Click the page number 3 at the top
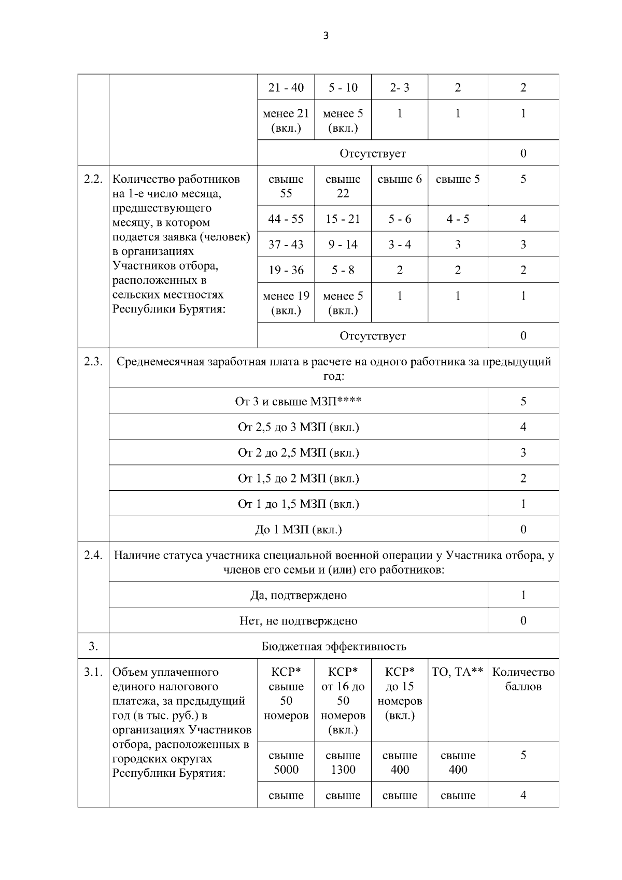pos(326,36)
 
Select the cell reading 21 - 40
pos(286,88)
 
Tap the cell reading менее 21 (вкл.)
pos(286,120)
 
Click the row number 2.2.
pos(93,179)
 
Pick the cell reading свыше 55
pos(286,186)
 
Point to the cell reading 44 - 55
pos(286,219)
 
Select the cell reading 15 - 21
pos(343,219)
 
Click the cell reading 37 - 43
pos(286,245)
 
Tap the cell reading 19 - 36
pos(286,270)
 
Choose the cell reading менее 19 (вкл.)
pos(286,303)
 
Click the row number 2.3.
pos(93,362)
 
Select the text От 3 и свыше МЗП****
pos(298,402)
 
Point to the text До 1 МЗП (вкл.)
pos(298,530)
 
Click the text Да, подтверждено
pos(298,595)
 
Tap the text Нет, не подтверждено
pos(298,620)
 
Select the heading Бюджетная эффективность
pos(334,646)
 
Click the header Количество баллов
pos(523,679)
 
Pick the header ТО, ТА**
pos(457,672)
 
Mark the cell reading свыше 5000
pos(286,762)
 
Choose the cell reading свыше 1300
pos(343,762)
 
